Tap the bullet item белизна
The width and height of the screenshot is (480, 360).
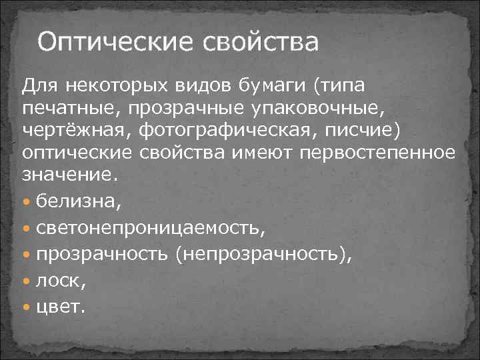click(x=75, y=198)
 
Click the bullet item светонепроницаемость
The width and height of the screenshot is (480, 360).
click(x=150, y=228)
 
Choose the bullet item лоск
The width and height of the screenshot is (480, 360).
click(x=61, y=281)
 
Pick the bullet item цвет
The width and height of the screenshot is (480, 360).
click(x=61, y=308)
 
